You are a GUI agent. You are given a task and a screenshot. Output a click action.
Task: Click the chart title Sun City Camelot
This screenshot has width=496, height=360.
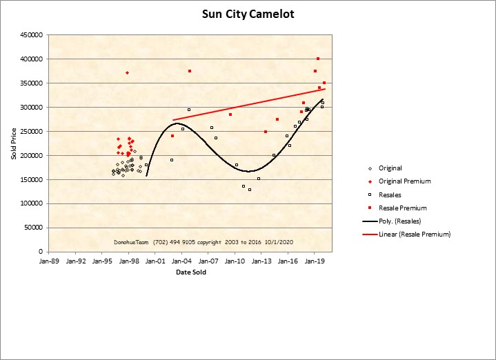pos(248,14)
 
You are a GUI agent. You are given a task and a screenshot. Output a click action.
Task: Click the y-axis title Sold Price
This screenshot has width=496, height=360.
pos(14,143)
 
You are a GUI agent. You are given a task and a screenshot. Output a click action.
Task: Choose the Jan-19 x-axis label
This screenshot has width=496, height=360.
pos(315,261)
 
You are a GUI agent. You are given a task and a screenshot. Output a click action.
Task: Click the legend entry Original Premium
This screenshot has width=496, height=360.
pos(404,181)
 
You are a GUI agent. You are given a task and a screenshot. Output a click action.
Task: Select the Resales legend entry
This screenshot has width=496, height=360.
pos(390,194)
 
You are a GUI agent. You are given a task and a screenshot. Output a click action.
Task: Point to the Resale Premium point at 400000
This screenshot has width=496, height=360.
pos(318,59)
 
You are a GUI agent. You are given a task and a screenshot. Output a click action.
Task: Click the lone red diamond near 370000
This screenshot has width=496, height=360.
pos(127,72)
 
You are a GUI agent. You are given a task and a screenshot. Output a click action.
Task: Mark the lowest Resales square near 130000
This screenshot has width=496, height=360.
pos(250,189)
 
